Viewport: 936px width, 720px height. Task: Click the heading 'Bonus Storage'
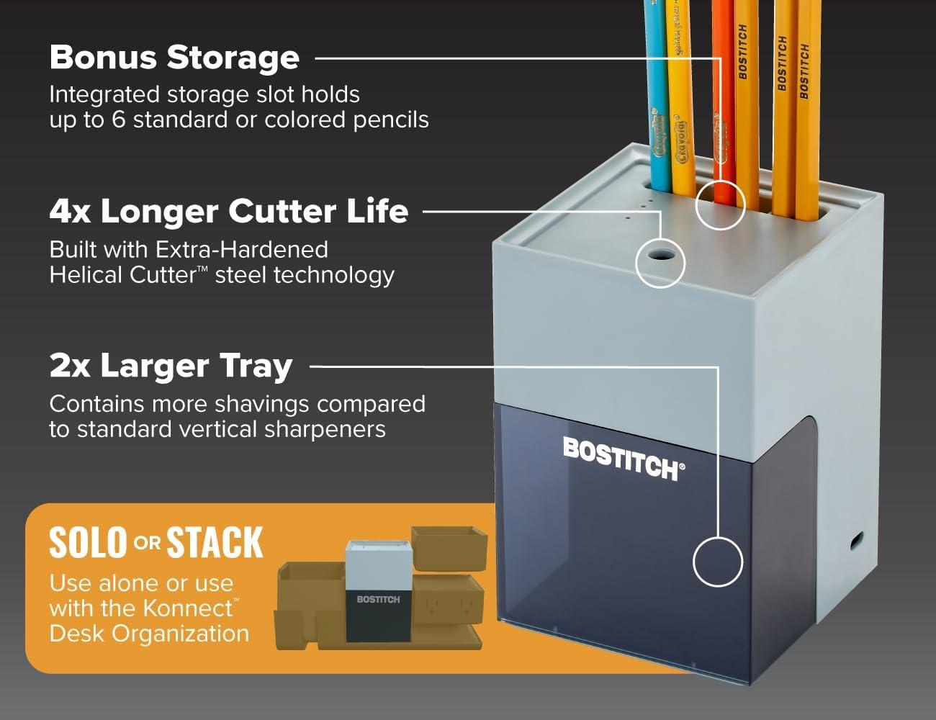click(174, 58)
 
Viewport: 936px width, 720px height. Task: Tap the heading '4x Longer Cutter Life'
click(229, 211)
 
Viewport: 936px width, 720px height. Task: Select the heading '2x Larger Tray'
click(171, 366)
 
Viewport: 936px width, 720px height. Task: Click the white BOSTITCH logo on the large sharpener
click(624, 459)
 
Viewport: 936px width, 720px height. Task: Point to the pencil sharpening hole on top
click(659, 255)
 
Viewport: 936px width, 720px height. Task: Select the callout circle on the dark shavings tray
click(718, 562)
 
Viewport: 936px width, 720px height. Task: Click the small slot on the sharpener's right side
click(856, 541)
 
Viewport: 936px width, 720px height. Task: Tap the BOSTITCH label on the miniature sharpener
click(378, 600)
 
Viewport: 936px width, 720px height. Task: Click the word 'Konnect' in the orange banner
click(188, 608)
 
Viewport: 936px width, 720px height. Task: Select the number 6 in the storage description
click(119, 120)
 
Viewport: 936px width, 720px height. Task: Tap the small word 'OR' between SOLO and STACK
click(147, 543)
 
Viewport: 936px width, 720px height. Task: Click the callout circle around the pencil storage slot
click(720, 205)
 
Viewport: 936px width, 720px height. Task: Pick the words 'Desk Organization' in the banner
click(149, 634)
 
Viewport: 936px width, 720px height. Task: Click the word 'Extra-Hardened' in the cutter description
click(242, 249)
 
